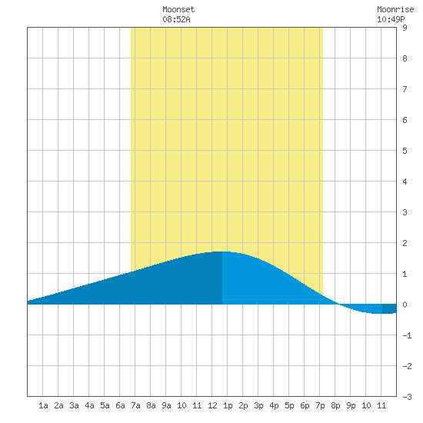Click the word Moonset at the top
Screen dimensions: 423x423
tap(178, 9)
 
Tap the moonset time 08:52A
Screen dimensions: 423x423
tap(176, 19)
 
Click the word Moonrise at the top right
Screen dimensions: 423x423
tap(395, 9)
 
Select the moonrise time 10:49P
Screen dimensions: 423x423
tap(391, 19)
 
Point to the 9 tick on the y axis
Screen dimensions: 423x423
tap(405, 28)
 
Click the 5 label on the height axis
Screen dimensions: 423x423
tap(405, 151)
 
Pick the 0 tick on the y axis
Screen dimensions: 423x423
tap(405, 305)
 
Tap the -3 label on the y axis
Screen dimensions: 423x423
tap(407, 397)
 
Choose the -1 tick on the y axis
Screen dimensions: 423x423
tap(407, 335)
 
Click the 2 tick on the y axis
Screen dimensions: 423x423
tap(405, 243)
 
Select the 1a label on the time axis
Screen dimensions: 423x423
tap(43, 405)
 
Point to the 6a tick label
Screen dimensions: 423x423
tap(120, 405)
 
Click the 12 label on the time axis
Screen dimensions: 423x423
tap(212, 405)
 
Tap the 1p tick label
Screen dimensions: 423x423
tap(228, 405)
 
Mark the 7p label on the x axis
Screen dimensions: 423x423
tap(320, 405)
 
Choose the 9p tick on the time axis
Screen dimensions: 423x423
tap(351, 405)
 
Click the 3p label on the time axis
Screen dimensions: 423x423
tap(258, 405)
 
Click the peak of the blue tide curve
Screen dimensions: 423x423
tap(222, 251)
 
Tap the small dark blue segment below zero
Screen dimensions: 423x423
tap(389, 309)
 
